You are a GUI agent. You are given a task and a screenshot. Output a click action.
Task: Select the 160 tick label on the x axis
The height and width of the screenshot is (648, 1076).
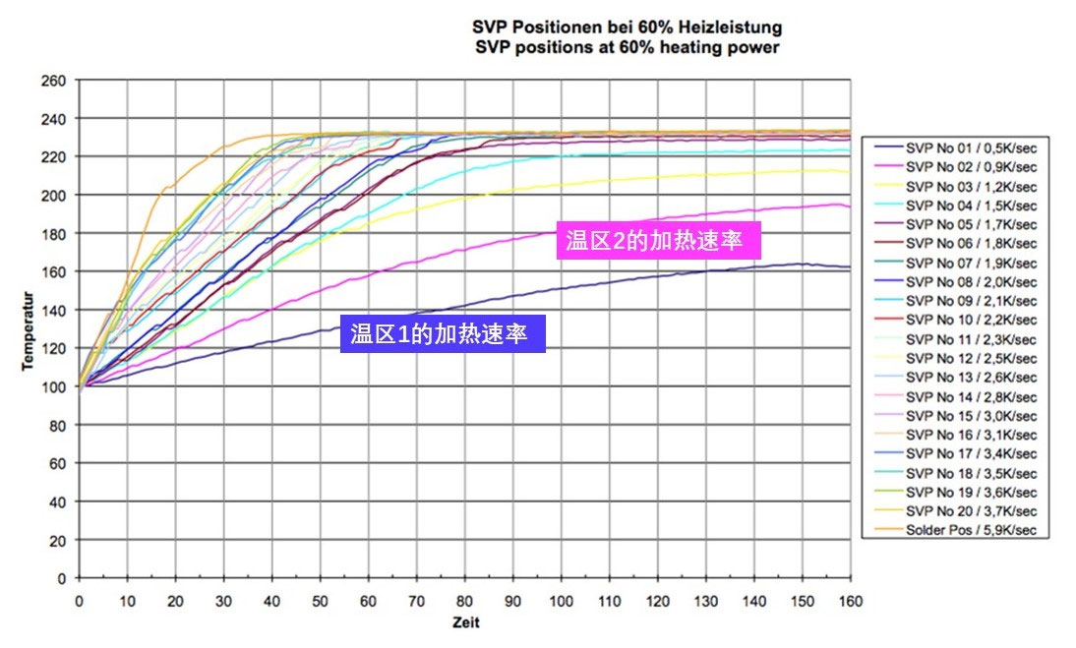coord(850,598)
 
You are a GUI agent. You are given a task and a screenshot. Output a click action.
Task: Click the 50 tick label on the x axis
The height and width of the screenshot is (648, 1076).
coord(320,598)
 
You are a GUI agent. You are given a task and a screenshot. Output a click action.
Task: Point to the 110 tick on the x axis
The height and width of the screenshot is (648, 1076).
coord(609,598)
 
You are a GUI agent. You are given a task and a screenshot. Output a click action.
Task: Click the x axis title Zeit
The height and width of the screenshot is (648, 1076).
coord(465,621)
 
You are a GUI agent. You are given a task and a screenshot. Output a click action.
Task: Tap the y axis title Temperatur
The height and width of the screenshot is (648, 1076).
coord(30,330)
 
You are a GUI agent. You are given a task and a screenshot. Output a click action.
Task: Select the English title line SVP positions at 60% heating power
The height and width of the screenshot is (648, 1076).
coord(626,46)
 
